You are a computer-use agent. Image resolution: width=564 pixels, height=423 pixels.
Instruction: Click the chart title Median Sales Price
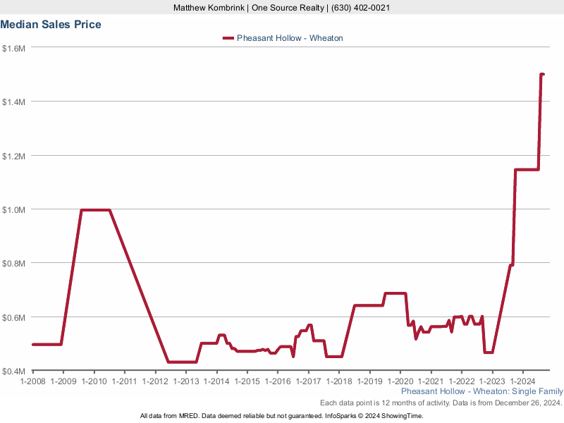coord(51,25)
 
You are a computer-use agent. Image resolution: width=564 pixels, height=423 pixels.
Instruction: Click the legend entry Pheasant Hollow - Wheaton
coord(289,38)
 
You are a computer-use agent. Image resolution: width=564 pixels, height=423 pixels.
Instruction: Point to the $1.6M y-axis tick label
coord(14,49)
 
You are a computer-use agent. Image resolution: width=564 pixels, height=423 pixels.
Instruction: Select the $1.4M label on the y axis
coord(14,102)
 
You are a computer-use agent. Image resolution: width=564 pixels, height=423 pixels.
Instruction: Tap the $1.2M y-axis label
coord(14,156)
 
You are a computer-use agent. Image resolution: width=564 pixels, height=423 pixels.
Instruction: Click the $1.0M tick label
coord(14,209)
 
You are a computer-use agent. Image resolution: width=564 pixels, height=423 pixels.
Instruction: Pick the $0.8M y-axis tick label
coord(14,264)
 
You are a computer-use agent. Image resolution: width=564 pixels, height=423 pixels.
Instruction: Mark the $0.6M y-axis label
coord(14,317)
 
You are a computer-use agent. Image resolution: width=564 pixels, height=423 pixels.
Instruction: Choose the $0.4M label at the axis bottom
coord(14,371)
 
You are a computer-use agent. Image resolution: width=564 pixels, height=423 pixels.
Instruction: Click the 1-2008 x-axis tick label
coord(33,381)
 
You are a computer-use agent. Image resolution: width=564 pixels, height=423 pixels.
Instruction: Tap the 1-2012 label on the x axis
coord(155,381)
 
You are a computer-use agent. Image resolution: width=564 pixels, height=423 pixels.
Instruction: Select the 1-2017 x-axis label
coord(308,381)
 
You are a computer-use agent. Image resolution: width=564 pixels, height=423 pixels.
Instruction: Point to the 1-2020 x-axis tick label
coord(400,381)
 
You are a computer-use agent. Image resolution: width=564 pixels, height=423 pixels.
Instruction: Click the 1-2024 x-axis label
coord(522,381)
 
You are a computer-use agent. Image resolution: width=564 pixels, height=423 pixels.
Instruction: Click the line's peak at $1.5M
coord(542,74)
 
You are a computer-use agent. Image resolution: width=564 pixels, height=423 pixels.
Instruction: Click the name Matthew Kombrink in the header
coord(208,8)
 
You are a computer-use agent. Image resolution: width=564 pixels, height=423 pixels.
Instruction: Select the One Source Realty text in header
coord(287,8)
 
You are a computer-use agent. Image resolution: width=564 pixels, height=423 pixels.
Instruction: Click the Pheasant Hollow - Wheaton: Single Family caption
coord(482,391)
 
